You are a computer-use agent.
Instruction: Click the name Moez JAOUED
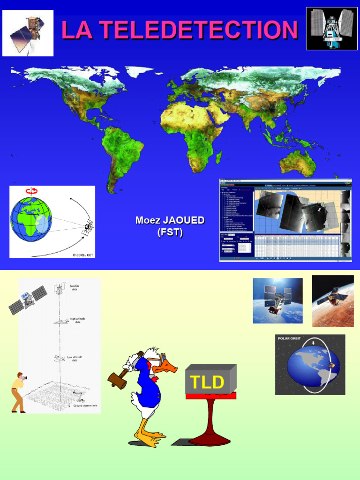pos(170,220)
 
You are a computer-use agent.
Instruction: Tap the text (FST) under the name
pos(170,232)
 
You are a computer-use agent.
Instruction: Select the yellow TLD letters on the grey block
pos(205,382)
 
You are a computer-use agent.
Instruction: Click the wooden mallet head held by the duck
pos(117,380)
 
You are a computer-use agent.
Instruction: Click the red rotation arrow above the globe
pos(32,191)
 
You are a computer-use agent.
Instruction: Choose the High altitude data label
pos(78,321)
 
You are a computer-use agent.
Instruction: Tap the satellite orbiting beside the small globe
pos(87,228)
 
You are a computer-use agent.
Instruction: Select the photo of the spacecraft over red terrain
pos(333,300)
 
